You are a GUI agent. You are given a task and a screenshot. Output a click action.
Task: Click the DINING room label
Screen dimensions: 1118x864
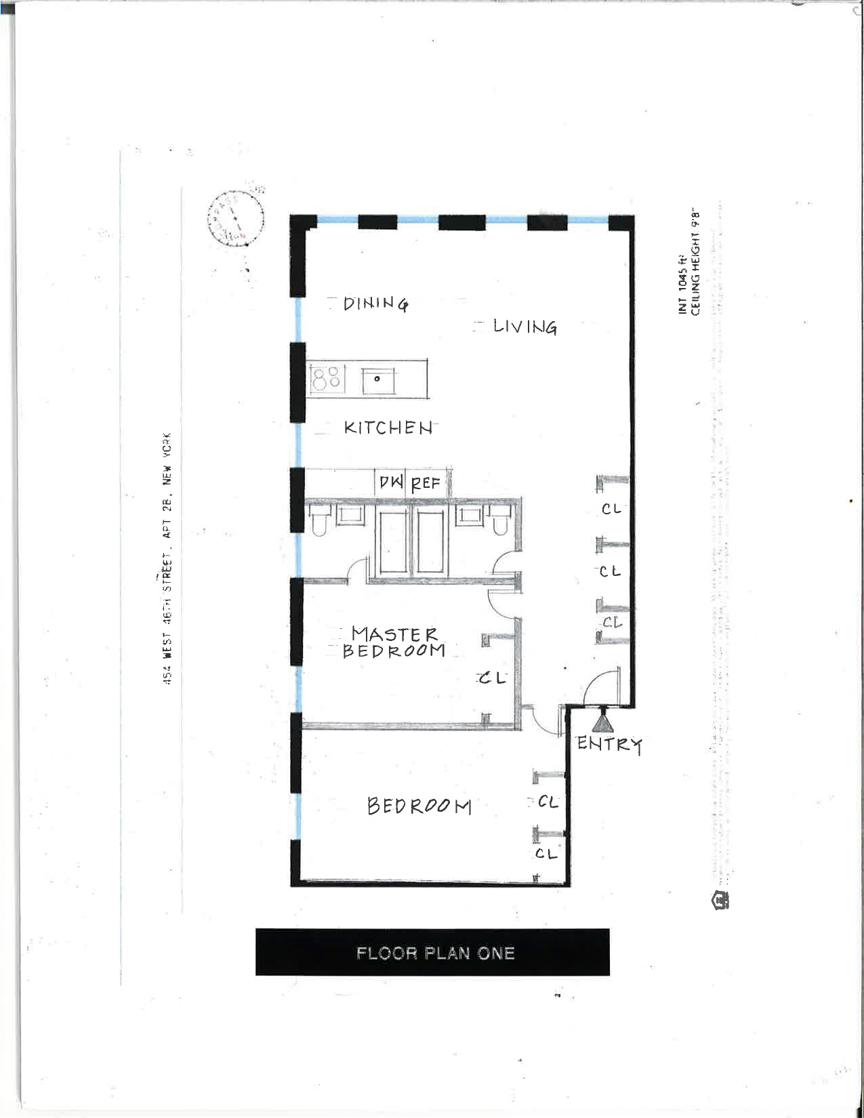coord(375,304)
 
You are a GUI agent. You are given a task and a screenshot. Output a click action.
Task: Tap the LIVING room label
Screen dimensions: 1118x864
coord(524,327)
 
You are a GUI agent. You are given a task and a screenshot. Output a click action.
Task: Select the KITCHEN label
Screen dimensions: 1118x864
coord(388,428)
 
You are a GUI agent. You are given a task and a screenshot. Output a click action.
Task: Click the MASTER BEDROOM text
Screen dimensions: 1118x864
coord(394,642)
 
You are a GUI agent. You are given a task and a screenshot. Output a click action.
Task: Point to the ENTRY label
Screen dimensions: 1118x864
coord(609,743)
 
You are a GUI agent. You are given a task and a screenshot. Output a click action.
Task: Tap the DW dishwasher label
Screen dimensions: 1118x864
coord(391,482)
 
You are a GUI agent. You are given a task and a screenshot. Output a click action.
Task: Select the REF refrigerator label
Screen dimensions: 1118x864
coord(426,483)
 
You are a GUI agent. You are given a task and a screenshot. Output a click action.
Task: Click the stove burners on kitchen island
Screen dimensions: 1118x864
coord(327,378)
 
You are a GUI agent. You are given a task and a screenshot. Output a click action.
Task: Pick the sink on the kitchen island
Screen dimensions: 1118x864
coord(377,379)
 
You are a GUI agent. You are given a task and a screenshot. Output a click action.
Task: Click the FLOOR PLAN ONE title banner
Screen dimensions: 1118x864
coord(432,952)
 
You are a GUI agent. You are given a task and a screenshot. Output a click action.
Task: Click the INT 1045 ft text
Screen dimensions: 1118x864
coord(683,290)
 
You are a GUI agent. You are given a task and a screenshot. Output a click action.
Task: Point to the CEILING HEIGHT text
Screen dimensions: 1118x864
coord(695,264)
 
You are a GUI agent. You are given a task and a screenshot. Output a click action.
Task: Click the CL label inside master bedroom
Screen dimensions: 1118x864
coord(493,678)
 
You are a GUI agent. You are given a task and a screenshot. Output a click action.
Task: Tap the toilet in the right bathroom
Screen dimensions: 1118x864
coord(500,522)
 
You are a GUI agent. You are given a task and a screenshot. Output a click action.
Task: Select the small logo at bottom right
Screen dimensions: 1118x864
coord(720,900)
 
